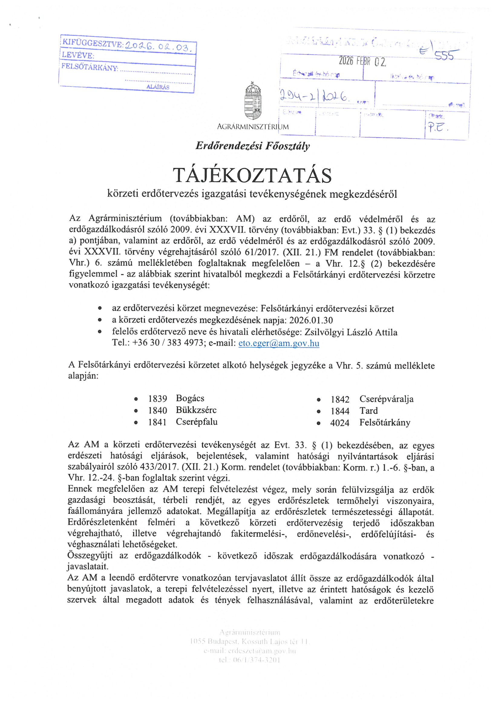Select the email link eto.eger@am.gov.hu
[279, 343]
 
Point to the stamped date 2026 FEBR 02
[362, 62]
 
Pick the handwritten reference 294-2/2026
[315, 97]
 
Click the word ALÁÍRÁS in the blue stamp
[158, 87]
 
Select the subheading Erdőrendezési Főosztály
[253, 146]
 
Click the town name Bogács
[190, 399]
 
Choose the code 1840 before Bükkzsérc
[157, 410]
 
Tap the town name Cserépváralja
[386, 399]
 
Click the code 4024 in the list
[339, 423]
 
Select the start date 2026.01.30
[311, 321]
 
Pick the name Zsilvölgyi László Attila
[351, 332]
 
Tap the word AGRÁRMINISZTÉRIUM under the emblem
[253, 127]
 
